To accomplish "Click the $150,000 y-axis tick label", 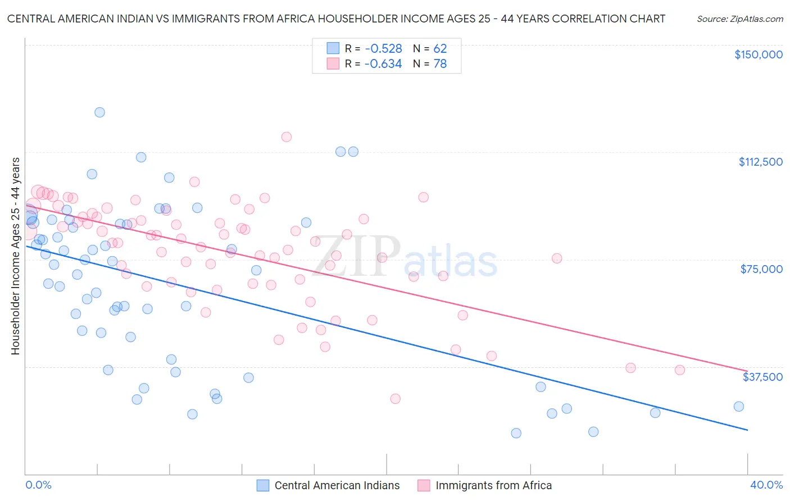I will (758, 54).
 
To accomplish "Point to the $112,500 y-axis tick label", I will (760, 162).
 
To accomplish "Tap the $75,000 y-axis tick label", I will (761, 269).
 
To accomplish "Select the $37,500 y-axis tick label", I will (762, 377).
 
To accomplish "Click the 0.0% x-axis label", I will (38, 485).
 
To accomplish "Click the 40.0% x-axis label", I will (766, 485).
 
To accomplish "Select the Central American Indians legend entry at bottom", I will (329, 485).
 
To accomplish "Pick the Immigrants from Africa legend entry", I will (485, 485).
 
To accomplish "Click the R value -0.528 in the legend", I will (383, 49).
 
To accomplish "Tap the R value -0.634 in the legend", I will (383, 64).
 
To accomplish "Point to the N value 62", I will (440, 49).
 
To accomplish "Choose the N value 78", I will (440, 64).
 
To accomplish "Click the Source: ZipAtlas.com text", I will (739, 19).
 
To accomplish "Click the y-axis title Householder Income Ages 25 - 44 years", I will (16, 256).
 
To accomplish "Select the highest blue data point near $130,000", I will (99, 112).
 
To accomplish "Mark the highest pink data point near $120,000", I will (287, 137).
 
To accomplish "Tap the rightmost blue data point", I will (739, 407).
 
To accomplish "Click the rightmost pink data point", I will (680, 370).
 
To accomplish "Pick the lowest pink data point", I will (395, 399).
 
